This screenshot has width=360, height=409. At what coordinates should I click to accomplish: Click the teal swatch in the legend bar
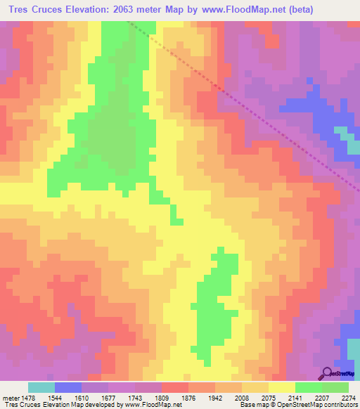pos(41,387)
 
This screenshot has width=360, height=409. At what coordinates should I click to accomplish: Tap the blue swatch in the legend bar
pos(67,387)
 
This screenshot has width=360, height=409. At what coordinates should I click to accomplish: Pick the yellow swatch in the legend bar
pos(281,387)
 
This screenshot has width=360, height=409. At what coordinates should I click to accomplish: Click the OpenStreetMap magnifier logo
pos(328,372)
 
